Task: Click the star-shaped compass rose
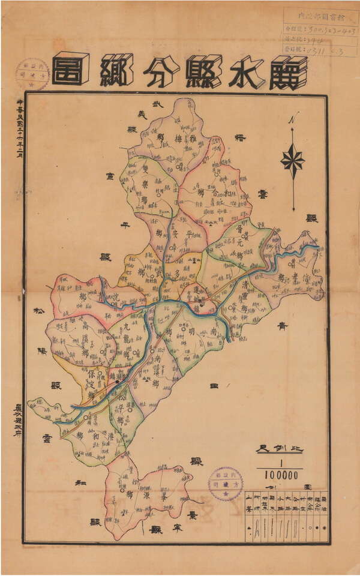(293, 160)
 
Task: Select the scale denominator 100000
(280, 475)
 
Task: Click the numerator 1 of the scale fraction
(280, 462)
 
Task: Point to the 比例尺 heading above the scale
(279, 449)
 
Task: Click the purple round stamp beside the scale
(226, 484)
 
